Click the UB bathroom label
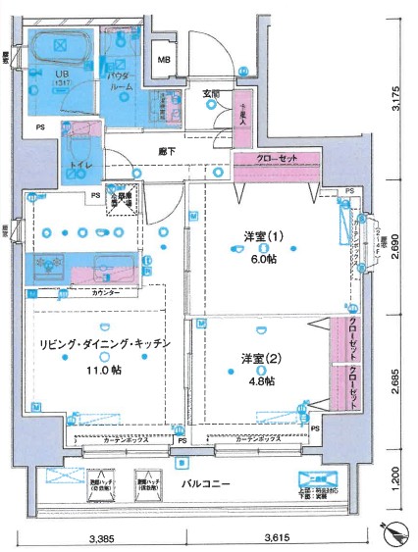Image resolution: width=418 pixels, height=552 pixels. click(x=60, y=74)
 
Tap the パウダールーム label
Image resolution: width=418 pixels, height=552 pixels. click(x=120, y=79)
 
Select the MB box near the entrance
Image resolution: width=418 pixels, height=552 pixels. click(x=165, y=61)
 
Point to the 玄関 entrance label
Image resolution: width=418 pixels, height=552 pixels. click(x=211, y=94)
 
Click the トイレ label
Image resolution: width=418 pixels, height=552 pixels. click(x=79, y=167)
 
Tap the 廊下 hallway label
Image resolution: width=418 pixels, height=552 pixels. click(x=169, y=152)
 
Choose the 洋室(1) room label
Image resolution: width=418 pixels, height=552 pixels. click(x=264, y=235)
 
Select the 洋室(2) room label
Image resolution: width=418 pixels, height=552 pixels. click(x=263, y=359)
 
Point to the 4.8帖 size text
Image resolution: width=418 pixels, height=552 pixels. click(x=260, y=380)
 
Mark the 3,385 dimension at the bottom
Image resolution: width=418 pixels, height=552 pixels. click(x=103, y=537)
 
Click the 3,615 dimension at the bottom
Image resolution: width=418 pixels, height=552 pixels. click(x=276, y=537)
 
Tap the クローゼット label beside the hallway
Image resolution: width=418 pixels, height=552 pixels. click(x=277, y=160)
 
